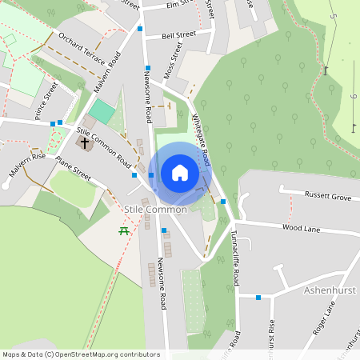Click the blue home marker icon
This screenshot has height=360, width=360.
[180, 173]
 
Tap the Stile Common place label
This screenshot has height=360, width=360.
[156, 210]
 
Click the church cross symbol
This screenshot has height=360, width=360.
[84, 143]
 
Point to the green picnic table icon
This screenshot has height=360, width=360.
[124, 231]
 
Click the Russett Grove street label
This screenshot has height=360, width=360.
[328, 195]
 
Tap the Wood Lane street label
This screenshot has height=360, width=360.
[301, 229]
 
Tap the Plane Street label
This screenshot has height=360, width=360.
[74, 166]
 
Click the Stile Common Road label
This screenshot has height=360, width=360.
[103, 146]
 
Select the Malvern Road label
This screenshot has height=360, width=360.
[106, 74]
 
